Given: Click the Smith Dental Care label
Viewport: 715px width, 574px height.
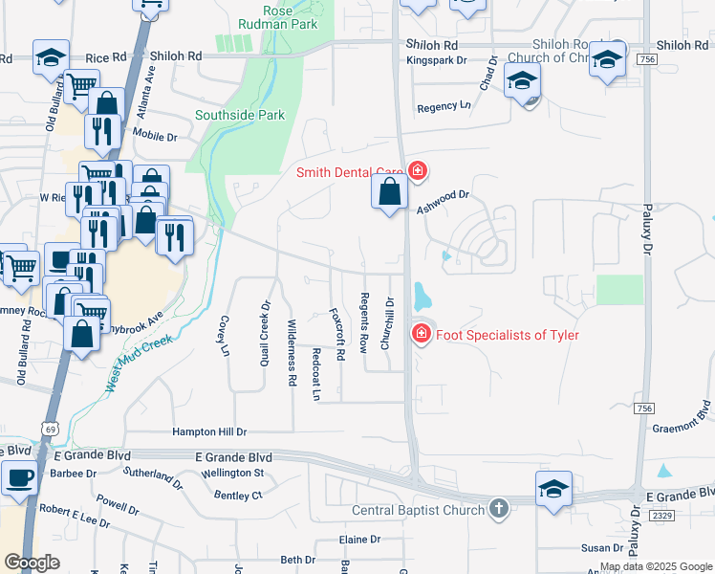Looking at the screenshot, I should pyautogui.click(x=348, y=173).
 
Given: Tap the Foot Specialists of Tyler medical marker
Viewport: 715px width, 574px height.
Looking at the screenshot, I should pyautogui.click(x=419, y=334).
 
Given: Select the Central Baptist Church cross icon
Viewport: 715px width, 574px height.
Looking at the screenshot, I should pyautogui.click(x=498, y=510).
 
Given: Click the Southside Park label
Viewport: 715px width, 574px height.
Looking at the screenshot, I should pyautogui.click(x=240, y=116).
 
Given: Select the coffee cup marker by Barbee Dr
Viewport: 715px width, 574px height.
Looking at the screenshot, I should pyautogui.click(x=19, y=477).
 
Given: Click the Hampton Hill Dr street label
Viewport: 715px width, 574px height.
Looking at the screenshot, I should pyautogui.click(x=209, y=432).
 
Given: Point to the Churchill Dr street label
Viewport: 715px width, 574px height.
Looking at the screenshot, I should pyautogui.click(x=388, y=322).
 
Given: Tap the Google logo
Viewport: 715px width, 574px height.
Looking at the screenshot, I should pyautogui.click(x=32, y=563).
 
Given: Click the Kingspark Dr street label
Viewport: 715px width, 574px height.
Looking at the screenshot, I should pyautogui.click(x=436, y=59).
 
